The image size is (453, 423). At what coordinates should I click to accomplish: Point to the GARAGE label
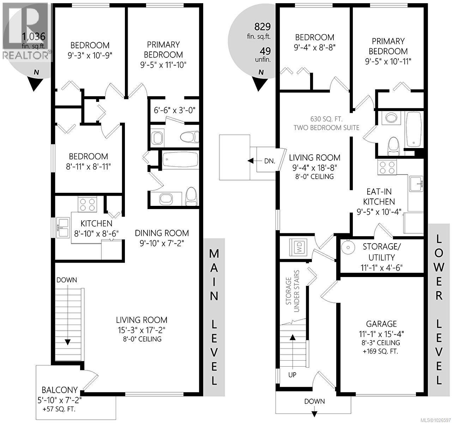(381, 324)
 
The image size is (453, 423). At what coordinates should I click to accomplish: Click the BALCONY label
(60, 390)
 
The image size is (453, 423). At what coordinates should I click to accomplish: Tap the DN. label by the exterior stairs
(270, 161)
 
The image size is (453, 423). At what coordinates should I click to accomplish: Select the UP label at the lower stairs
(292, 375)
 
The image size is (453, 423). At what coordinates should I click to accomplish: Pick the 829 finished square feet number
(262, 26)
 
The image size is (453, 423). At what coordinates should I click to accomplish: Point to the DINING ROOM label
(162, 233)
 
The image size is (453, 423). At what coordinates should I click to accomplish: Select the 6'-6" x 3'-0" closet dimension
(175, 110)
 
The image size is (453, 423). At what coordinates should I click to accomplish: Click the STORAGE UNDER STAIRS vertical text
(293, 291)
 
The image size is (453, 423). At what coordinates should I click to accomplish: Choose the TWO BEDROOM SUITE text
(327, 127)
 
